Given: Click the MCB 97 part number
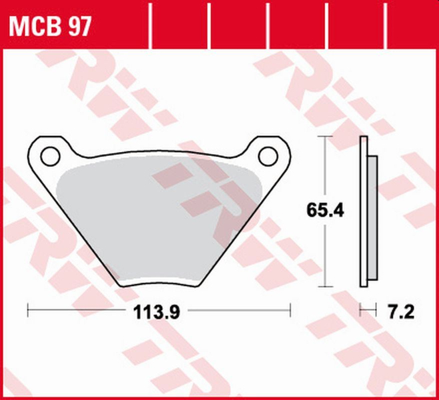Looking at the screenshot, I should [x=49, y=27].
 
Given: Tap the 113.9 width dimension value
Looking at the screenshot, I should [x=159, y=311].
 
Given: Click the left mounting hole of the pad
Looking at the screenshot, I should [x=49, y=156].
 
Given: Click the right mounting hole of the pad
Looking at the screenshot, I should [x=268, y=156].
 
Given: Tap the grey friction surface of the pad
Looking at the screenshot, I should [x=160, y=220].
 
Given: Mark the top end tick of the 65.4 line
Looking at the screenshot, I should [x=325, y=137].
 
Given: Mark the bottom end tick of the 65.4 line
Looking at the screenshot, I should [x=325, y=287].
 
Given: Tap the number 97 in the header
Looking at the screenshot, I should [x=78, y=27].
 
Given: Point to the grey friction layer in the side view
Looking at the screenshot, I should [x=372, y=213].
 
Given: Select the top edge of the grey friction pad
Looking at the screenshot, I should [x=160, y=162].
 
